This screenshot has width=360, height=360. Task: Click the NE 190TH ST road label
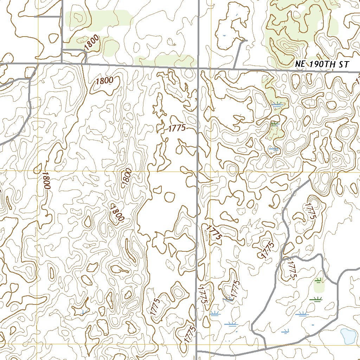(322, 65)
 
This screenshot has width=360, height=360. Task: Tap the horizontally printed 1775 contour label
(177, 128)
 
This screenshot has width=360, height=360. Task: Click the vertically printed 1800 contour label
(46, 180)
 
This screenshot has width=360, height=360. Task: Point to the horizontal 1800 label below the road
(104, 81)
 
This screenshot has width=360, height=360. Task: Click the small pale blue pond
(348, 336)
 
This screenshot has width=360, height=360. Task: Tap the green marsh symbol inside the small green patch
(319, 281)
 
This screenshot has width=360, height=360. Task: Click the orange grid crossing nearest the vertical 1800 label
(38, 171)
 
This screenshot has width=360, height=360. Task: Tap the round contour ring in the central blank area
(169, 197)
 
